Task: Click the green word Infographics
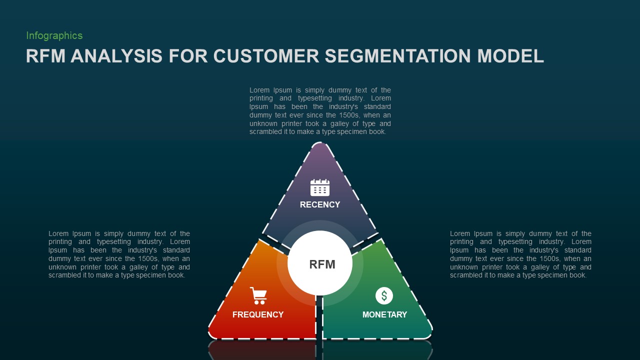(x=54, y=35)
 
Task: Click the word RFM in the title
(x=45, y=56)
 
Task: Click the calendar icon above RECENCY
(x=320, y=187)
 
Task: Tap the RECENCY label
(x=320, y=204)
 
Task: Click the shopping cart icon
(x=258, y=295)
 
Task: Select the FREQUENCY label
(x=258, y=314)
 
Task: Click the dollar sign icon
(x=384, y=295)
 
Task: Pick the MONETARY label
(x=384, y=314)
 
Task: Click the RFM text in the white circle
(x=322, y=264)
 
